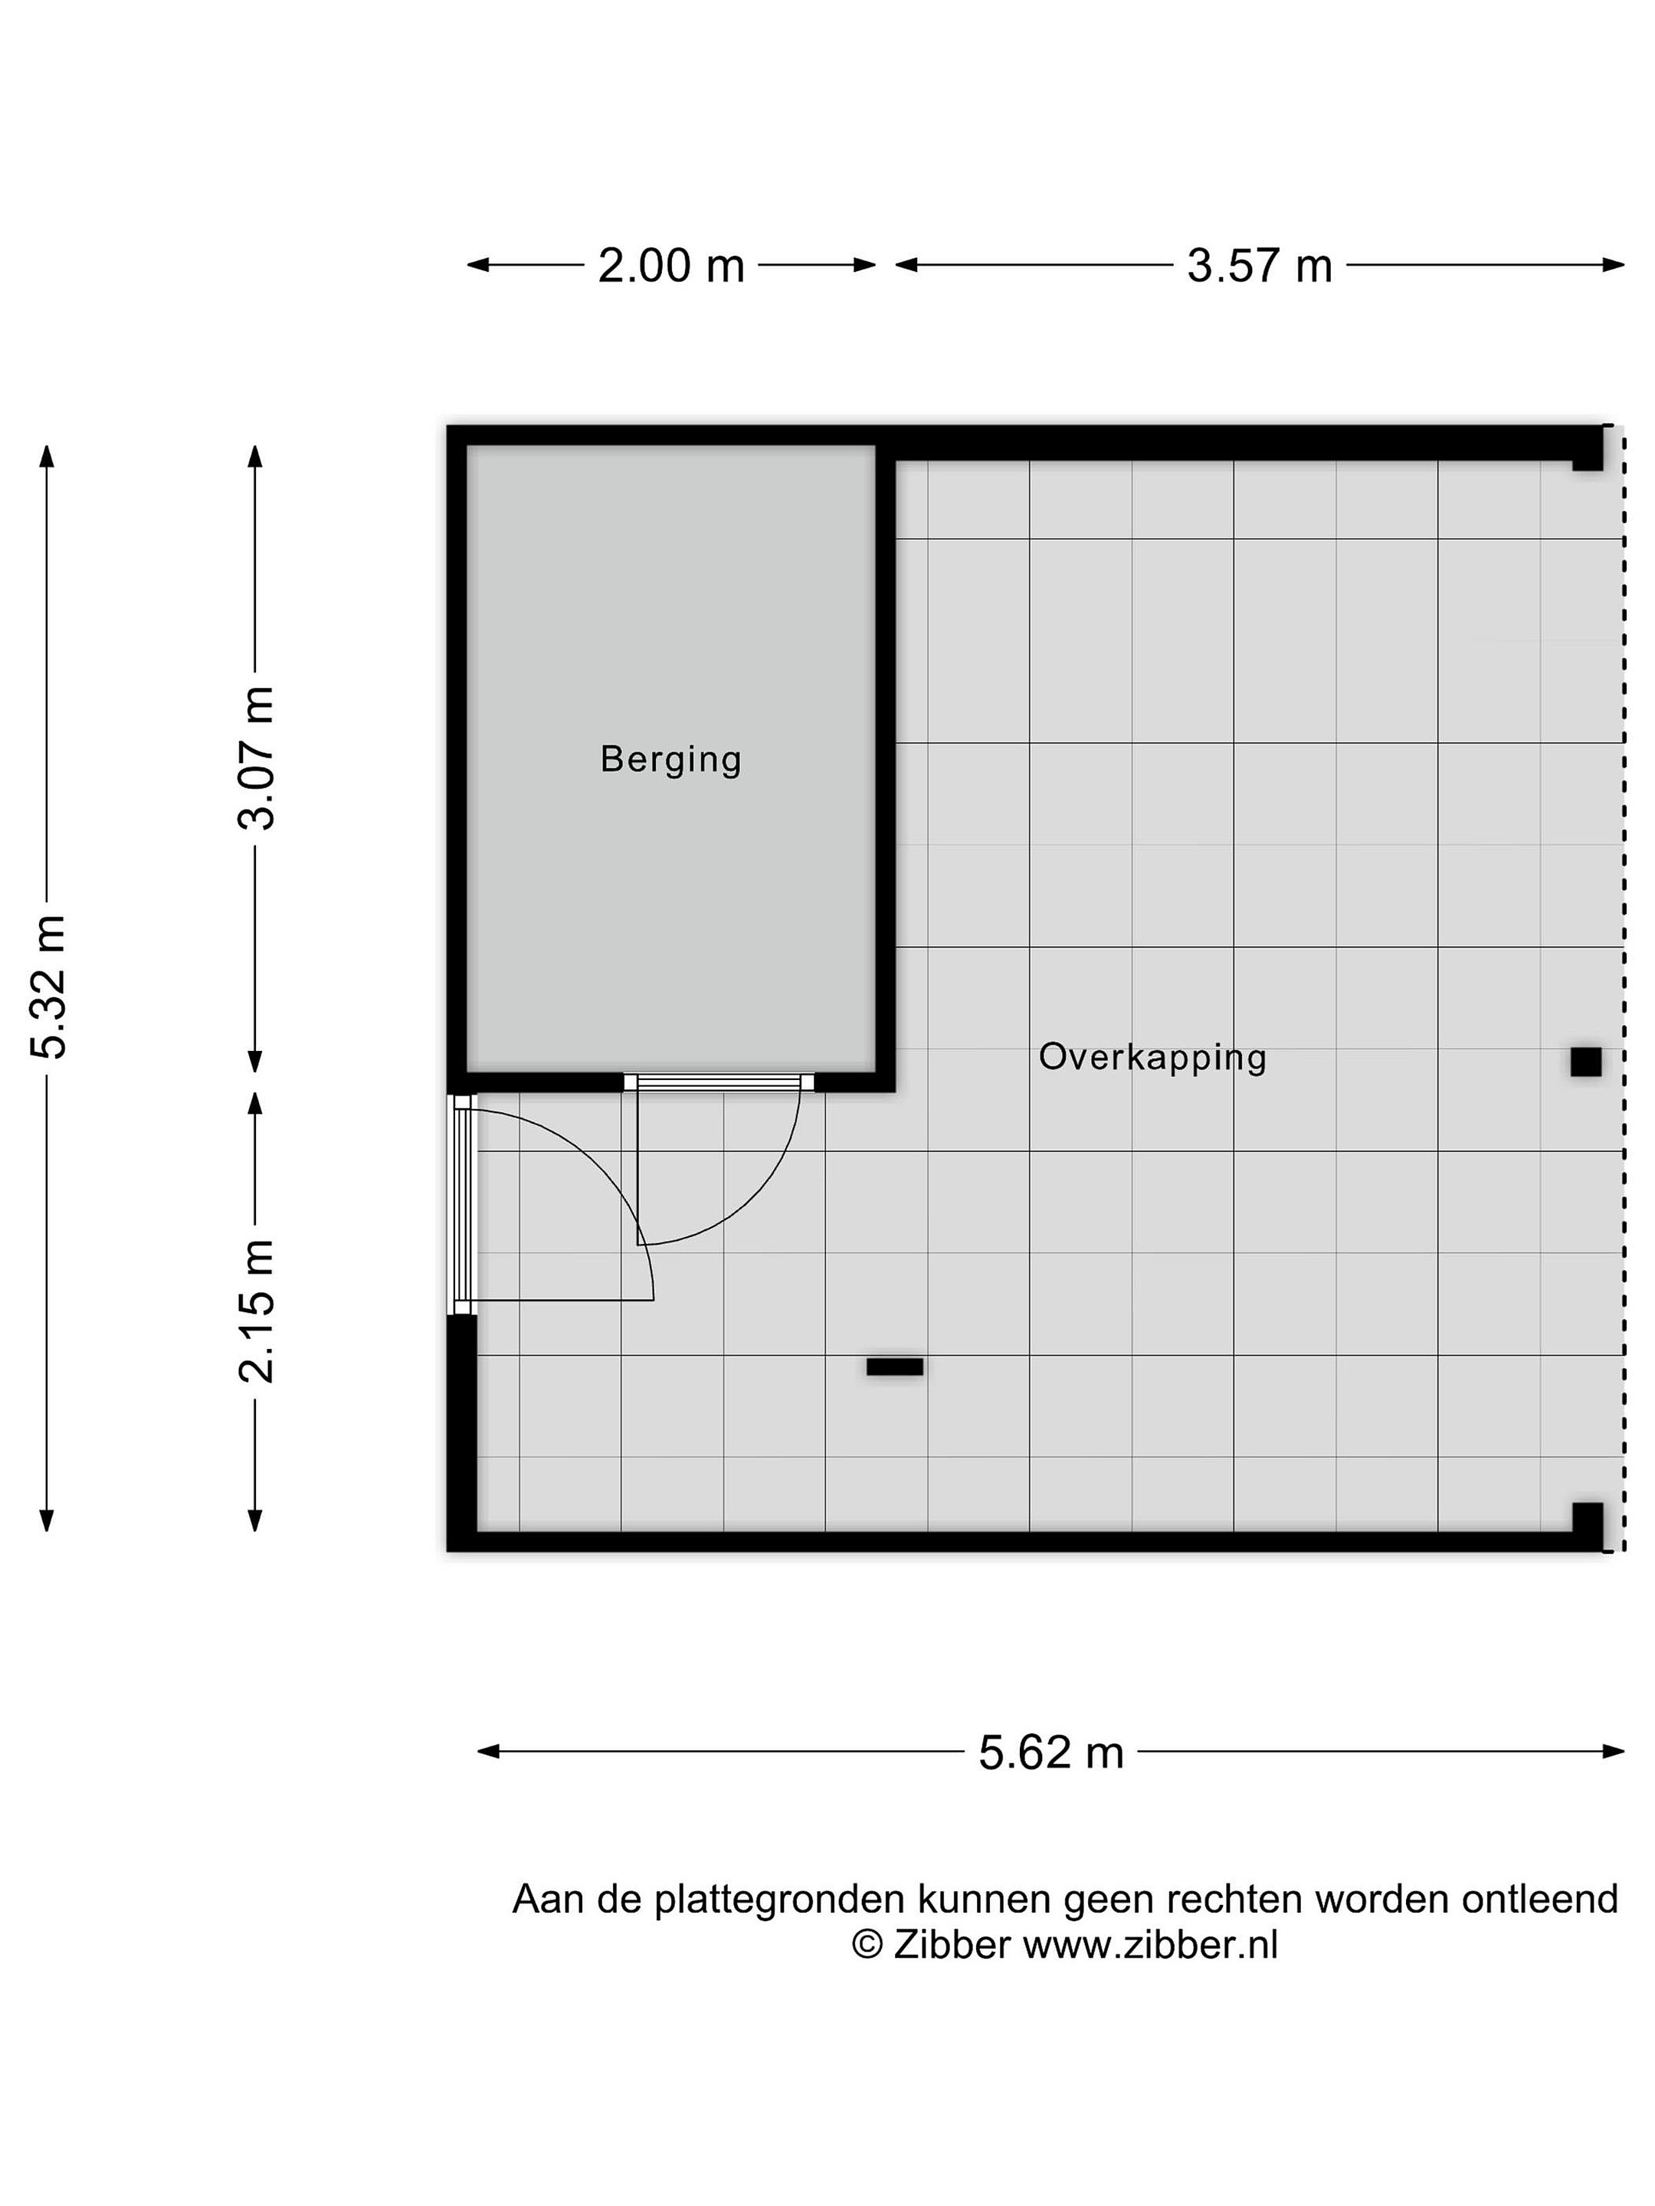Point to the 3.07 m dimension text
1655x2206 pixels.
pos(257,758)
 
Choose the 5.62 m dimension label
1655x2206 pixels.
pos(1050,1753)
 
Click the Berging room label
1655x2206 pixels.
pos(670,760)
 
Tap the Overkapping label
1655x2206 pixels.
pos(1152,1058)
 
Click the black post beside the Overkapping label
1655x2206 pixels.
pos(1585,1062)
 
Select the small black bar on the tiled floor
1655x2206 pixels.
pos(894,1367)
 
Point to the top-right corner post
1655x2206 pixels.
pos(1587,449)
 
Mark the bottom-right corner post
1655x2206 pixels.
pos(1587,1527)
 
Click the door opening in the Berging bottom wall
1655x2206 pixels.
pos(718,1082)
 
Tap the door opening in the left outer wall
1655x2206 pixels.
pos(462,1205)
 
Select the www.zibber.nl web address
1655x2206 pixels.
pos(1150,1945)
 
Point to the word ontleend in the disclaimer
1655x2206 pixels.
pos(1539,1899)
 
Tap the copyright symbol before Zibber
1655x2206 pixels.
pos(867,1945)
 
